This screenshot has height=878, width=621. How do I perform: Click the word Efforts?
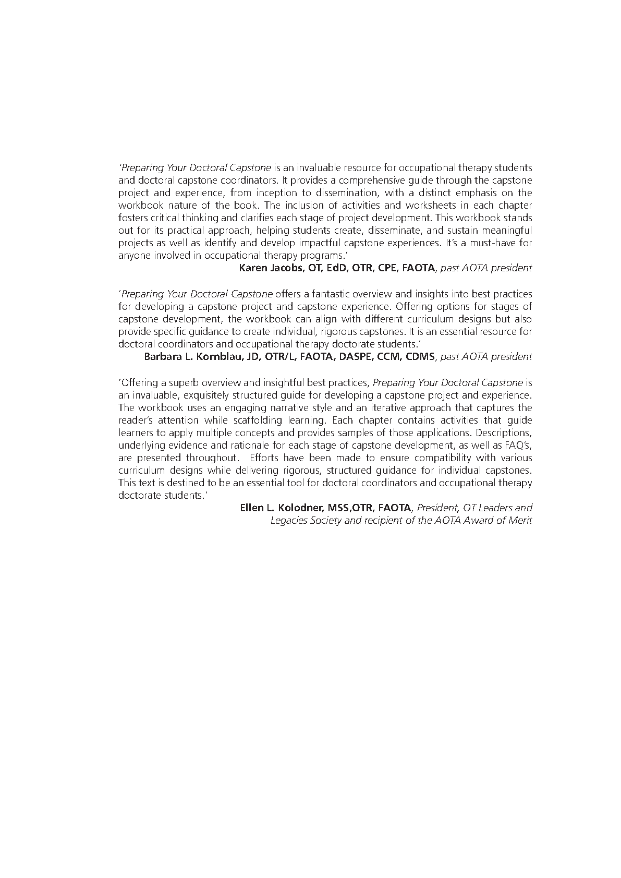point(265,458)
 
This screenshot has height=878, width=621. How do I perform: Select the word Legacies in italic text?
point(288,521)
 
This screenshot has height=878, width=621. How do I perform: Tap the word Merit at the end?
point(520,521)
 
